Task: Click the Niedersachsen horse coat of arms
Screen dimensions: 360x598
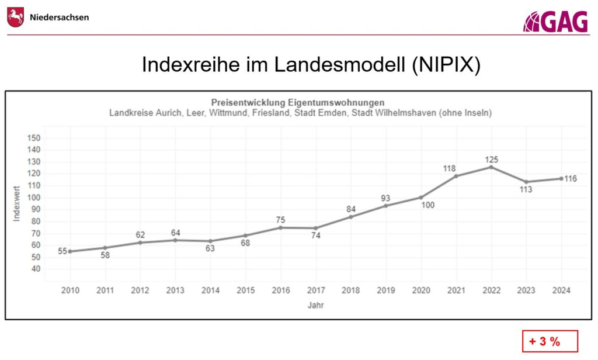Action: coord(16,17)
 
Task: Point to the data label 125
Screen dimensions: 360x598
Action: coord(491,160)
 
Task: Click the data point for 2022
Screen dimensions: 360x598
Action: coord(491,167)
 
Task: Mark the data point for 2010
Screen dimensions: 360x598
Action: coord(70,251)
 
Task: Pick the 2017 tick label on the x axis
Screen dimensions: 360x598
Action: coord(315,290)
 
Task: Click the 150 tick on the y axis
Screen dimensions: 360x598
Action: coord(34,138)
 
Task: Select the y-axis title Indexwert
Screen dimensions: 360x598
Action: coord(17,203)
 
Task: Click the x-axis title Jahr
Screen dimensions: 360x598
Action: coord(316,305)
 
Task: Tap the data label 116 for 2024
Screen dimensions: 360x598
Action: coord(571,179)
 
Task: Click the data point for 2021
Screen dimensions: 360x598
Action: coord(456,176)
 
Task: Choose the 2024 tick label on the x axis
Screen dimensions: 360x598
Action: coord(561,290)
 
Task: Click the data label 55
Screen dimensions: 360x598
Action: coord(62,252)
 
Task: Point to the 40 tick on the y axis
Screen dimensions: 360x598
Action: coord(36,269)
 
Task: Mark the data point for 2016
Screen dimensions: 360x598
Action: coord(280,227)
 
